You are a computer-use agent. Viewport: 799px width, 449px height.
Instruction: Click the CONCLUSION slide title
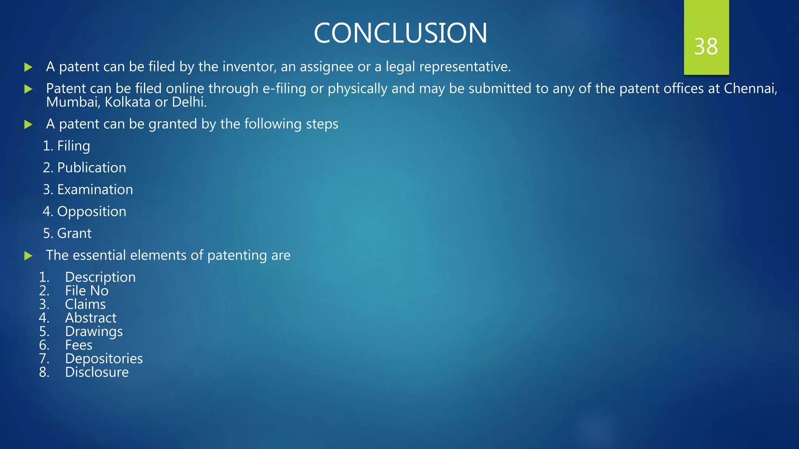coord(400,33)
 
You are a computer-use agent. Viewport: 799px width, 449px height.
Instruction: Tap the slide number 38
coord(706,47)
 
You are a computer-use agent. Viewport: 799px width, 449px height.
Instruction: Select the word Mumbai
coord(73,102)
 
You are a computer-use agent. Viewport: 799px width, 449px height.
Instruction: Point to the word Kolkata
coord(128,102)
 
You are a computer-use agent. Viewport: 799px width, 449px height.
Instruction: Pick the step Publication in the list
coord(91,168)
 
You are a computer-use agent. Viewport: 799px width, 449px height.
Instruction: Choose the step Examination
coord(95,189)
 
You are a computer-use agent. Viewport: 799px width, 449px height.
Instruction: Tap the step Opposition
coord(92,212)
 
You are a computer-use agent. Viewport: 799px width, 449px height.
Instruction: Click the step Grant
coord(74,233)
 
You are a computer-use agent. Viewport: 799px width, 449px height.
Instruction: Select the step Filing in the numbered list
coord(73,146)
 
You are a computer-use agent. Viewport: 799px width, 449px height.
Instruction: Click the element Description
coord(100,277)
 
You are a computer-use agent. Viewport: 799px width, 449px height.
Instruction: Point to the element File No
coord(87,291)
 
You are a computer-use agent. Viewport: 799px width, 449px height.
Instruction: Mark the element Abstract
coord(91,318)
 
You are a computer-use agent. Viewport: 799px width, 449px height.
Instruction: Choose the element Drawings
coord(94,332)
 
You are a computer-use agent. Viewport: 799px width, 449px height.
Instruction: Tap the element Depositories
coord(104,359)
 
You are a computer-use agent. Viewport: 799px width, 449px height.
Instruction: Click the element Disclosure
coord(97,372)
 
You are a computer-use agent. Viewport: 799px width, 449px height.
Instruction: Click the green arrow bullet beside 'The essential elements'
coord(28,256)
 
